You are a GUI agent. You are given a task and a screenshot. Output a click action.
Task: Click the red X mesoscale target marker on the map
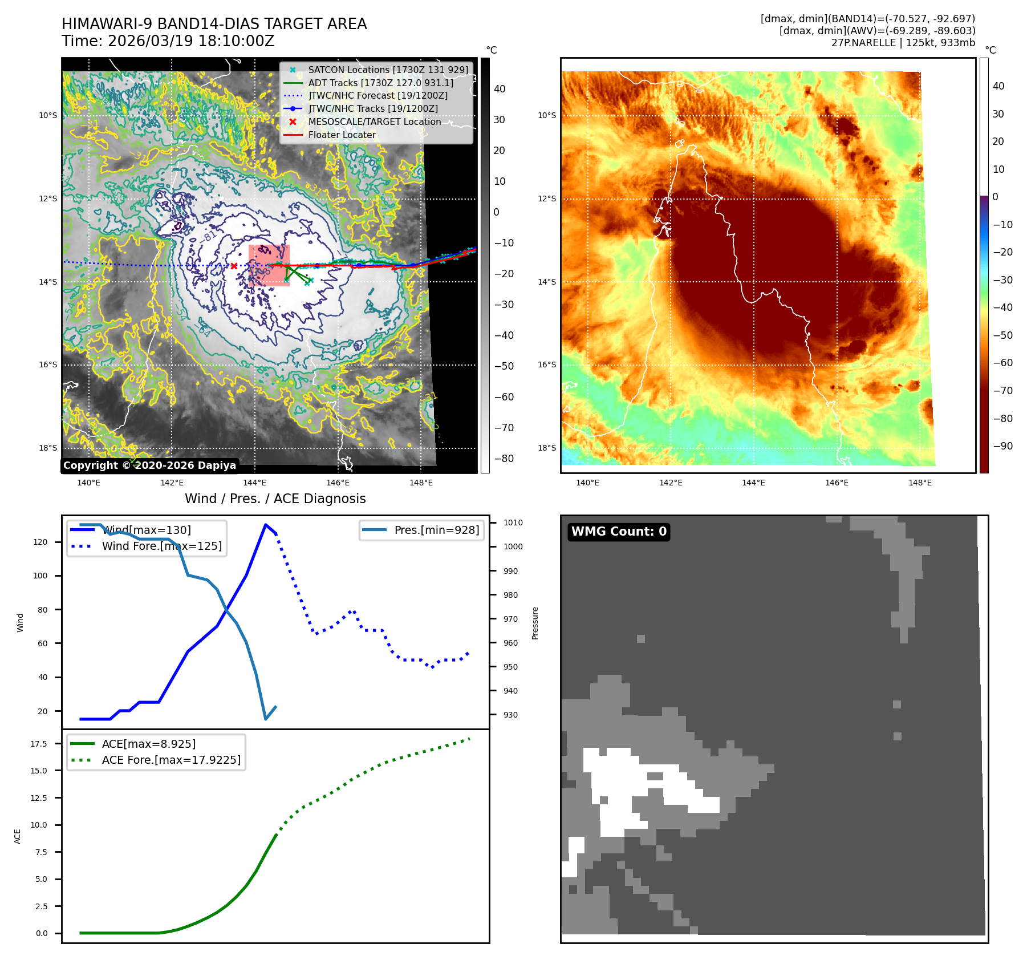(x=234, y=266)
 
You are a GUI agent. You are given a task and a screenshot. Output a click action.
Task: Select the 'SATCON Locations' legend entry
(x=388, y=70)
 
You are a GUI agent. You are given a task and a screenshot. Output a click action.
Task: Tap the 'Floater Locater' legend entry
(x=342, y=135)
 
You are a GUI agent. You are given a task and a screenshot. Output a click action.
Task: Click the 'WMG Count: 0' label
(x=619, y=532)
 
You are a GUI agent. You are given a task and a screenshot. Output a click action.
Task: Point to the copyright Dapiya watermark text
(x=149, y=465)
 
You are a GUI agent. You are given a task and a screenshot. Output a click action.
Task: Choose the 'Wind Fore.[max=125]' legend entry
(x=161, y=546)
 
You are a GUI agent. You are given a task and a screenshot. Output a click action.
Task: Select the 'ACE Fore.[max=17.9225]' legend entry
(x=171, y=760)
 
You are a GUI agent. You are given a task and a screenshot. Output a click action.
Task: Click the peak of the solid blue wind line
(x=266, y=524)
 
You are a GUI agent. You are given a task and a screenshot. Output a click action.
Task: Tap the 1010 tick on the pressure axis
(x=513, y=522)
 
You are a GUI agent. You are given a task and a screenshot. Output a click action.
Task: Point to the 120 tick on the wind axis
(x=40, y=542)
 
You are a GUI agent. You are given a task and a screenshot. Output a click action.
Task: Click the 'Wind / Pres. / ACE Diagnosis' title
(x=275, y=499)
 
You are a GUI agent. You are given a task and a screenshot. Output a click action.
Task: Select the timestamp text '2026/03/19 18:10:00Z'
(x=191, y=41)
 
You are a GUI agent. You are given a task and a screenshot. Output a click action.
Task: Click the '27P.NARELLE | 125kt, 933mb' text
(x=903, y=43)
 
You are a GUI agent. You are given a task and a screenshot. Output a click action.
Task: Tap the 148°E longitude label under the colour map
(x=919, y=483)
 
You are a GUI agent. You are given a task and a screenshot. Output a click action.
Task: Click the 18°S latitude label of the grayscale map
(x=48, y=448)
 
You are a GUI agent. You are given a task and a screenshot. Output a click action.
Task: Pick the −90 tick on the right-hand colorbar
(x=1002, y=446)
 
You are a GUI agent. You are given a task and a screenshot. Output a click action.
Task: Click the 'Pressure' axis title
(x=535, y=623)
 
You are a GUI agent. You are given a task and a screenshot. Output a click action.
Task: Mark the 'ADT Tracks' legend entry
(x=380, y=83)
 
